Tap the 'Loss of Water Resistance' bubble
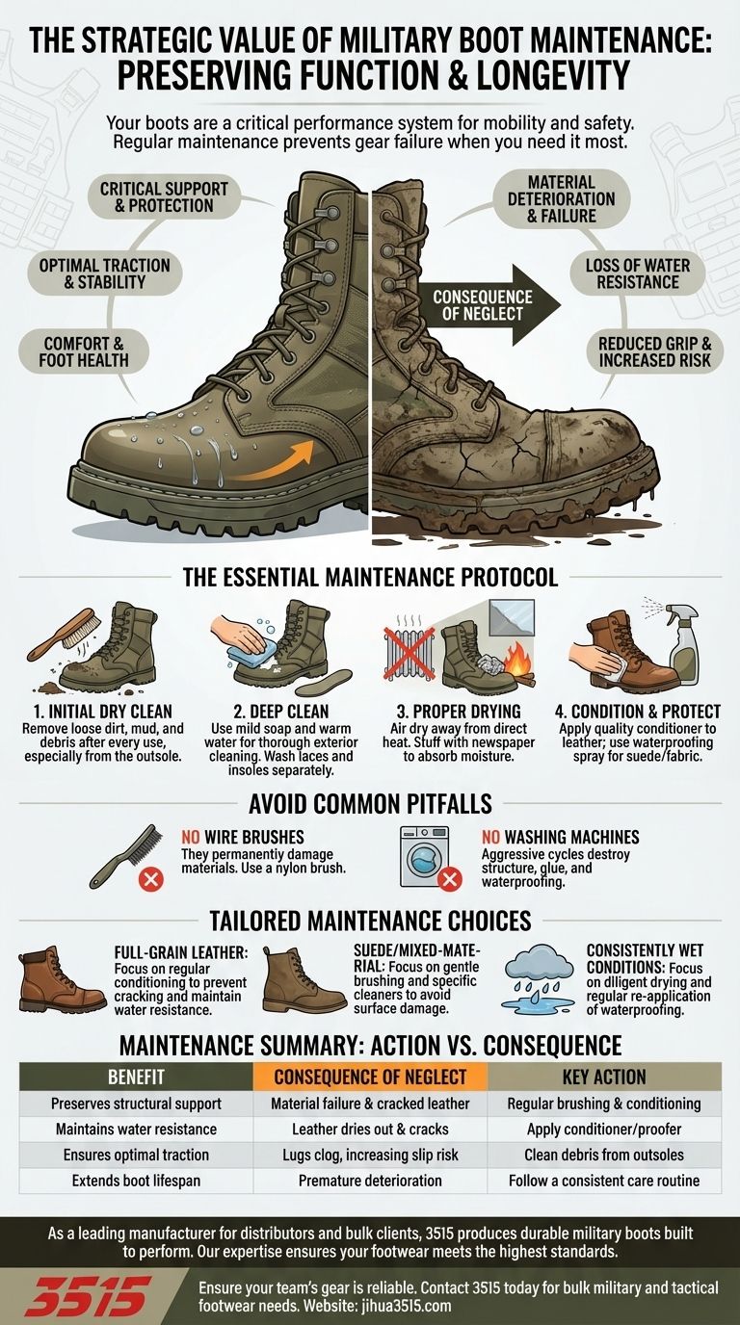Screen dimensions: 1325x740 pos(631,273)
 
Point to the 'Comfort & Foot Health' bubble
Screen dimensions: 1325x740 pos(86,351)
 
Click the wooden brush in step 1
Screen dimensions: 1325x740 pos(60,633)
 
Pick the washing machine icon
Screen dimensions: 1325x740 pos(425,853)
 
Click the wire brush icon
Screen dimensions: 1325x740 pos(120,852)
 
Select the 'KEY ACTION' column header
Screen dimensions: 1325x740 pos(604,1077)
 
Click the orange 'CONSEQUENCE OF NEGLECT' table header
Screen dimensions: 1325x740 pos(370,1077)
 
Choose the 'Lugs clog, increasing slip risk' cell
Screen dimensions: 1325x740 pos(370,1155)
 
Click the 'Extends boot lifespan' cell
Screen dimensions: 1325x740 pos(136,1180)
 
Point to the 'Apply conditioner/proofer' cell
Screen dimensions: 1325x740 pos(604,1129)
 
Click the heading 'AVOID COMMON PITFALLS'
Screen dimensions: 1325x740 pos(370,803)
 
